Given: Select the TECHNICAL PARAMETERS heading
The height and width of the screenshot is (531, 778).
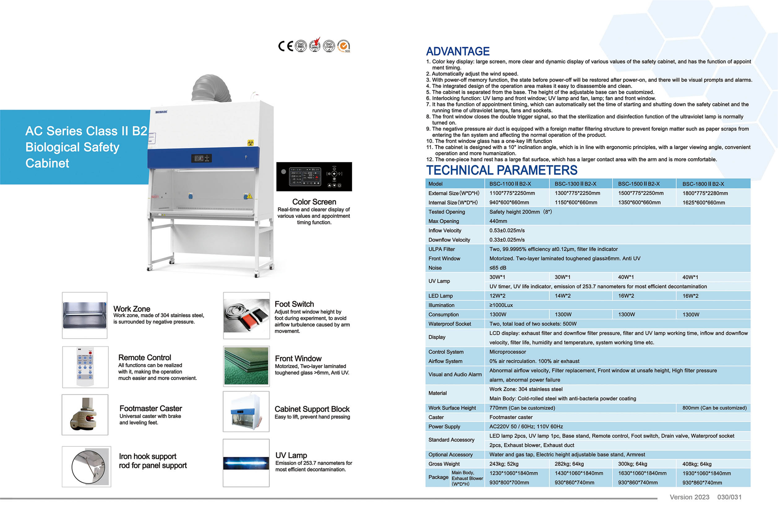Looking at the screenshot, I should coord(502,170).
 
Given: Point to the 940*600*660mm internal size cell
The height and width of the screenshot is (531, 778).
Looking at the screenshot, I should coord(509,203).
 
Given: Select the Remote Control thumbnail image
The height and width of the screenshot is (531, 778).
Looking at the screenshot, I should coord(85,367).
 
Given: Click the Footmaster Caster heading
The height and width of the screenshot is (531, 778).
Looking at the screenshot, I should coord(151,409).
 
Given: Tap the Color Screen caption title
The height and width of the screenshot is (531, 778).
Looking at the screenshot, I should coord(314,202).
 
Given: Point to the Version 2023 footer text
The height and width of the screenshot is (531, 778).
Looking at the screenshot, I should coord(689,497).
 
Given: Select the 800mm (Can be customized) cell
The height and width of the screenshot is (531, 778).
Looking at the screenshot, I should coord(714,408).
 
